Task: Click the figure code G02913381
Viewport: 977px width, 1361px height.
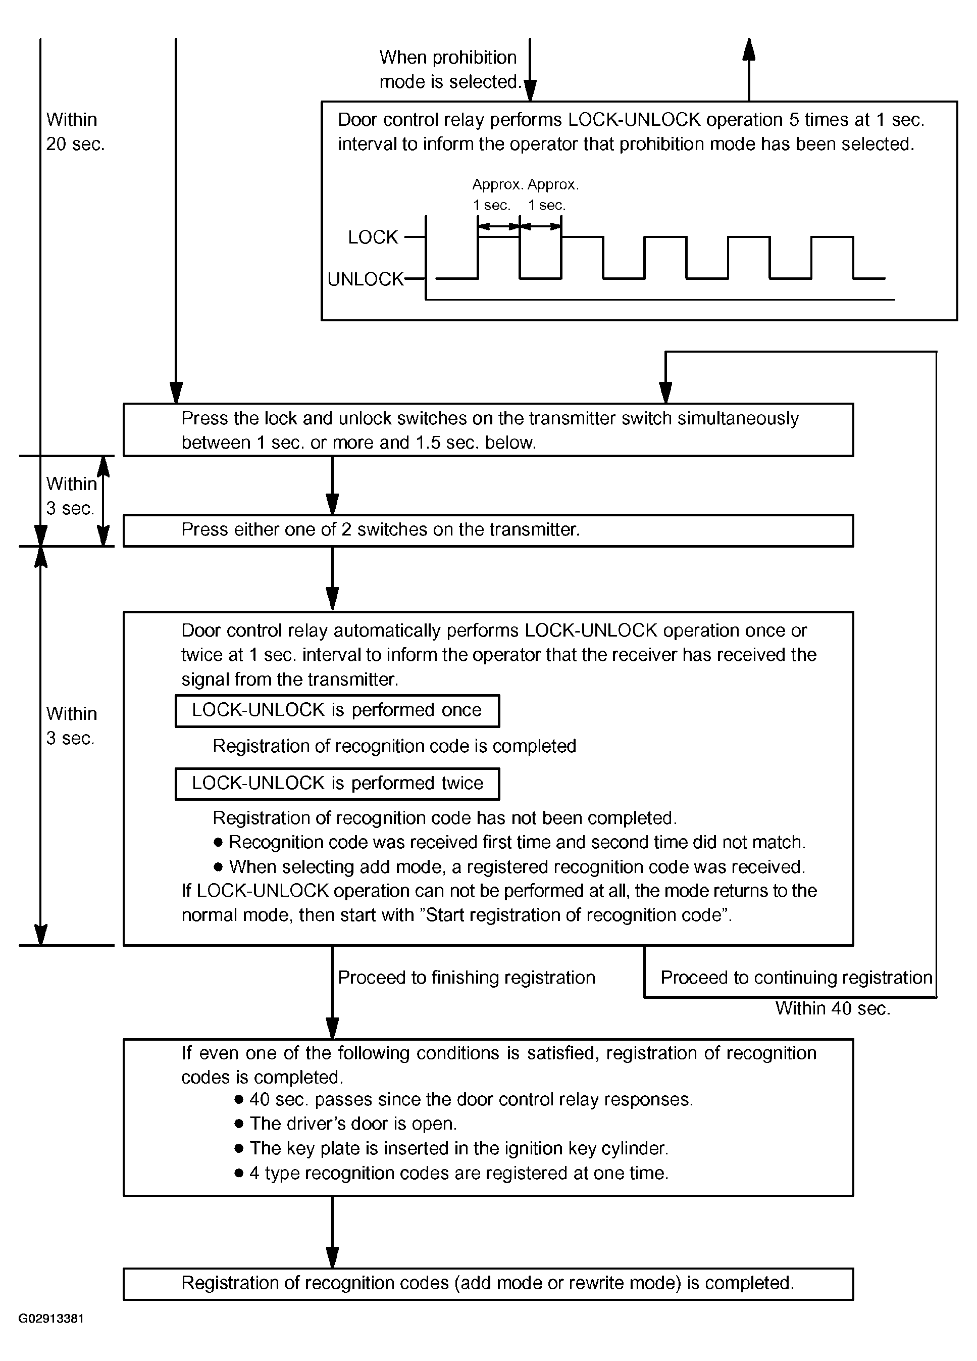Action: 51,1319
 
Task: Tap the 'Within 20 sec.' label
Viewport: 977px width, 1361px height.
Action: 75,131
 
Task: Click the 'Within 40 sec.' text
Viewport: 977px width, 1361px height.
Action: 833,1008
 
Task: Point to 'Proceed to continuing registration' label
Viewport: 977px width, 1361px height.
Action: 796,978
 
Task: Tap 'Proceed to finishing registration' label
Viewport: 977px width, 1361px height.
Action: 466,978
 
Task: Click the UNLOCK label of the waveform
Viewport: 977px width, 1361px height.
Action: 365,279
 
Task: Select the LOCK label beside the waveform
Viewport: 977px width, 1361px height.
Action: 373,237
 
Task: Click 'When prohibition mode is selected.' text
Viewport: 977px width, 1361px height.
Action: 450,70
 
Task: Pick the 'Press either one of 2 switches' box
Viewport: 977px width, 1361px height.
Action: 488,530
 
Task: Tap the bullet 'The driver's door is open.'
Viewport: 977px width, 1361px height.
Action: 352,1124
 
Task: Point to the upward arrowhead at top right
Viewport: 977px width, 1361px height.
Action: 748,48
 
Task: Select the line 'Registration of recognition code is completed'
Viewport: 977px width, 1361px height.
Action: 394,746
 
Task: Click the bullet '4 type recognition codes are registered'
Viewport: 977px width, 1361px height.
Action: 458,1173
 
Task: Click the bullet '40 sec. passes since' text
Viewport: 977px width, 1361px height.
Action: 470,1099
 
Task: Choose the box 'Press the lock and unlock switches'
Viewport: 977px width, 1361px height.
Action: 488,429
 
